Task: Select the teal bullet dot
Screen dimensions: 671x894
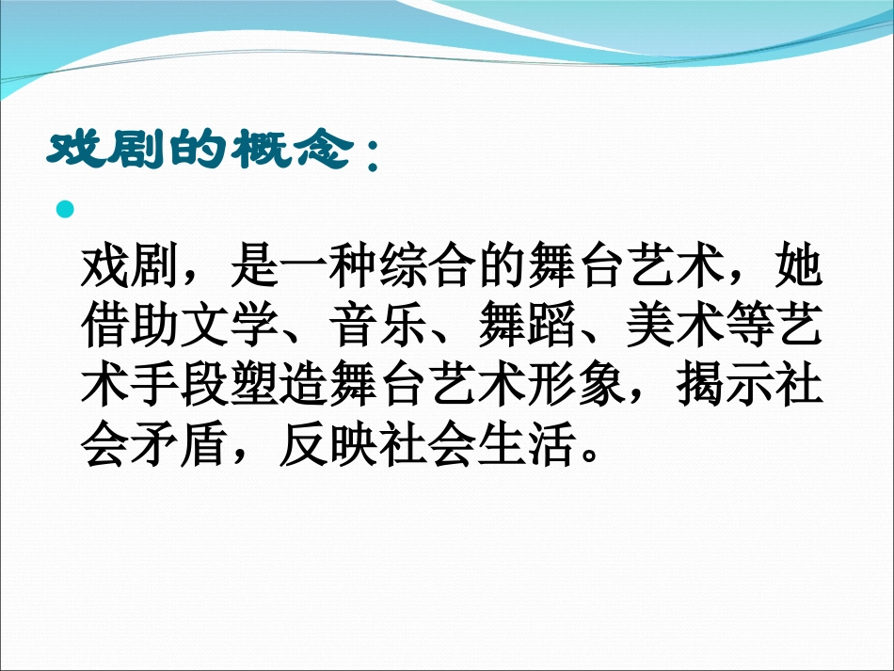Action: tap(65, 209)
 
